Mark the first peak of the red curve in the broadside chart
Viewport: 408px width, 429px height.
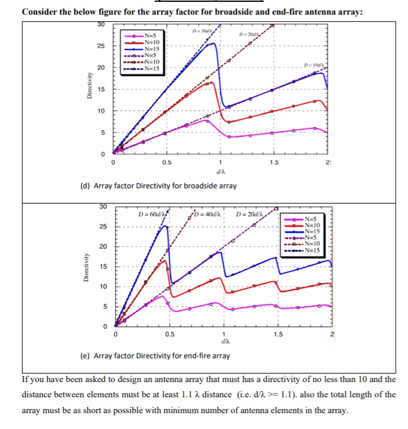click(211, 82)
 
